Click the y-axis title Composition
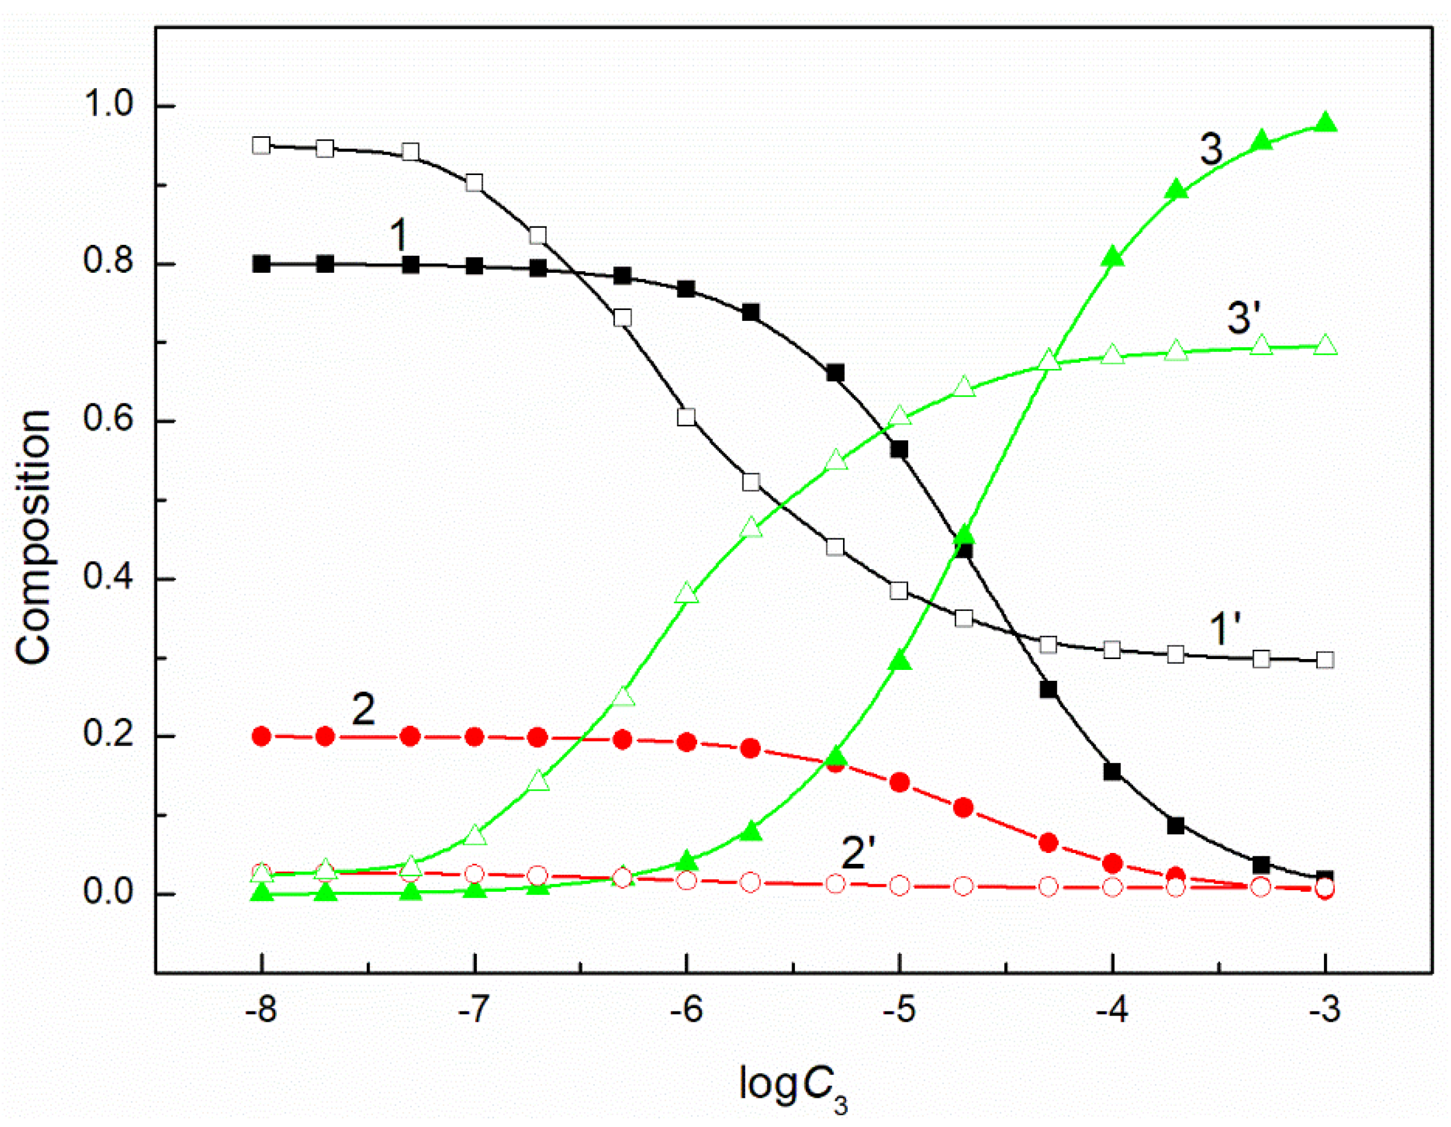pyautogui.click(x=33, y=537)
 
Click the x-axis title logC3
pyautogui.click(x=793, y=1086)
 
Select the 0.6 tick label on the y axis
pyautogui.click(x=108, y=420)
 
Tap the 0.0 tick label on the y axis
pyautogui.click(x=108, y=892)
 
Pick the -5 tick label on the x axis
pyautogui.click(x=899, y=1010)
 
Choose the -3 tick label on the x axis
pyautogui.click(x=1324, y=1010)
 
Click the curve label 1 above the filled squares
pyautogui.click(x=397, y=235)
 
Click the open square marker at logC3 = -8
pyautogui.click(x=262, y=145)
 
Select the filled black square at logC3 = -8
pyautogui.click(x=262, y=264)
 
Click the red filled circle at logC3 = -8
pyautogui.click(x=262, y=736)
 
